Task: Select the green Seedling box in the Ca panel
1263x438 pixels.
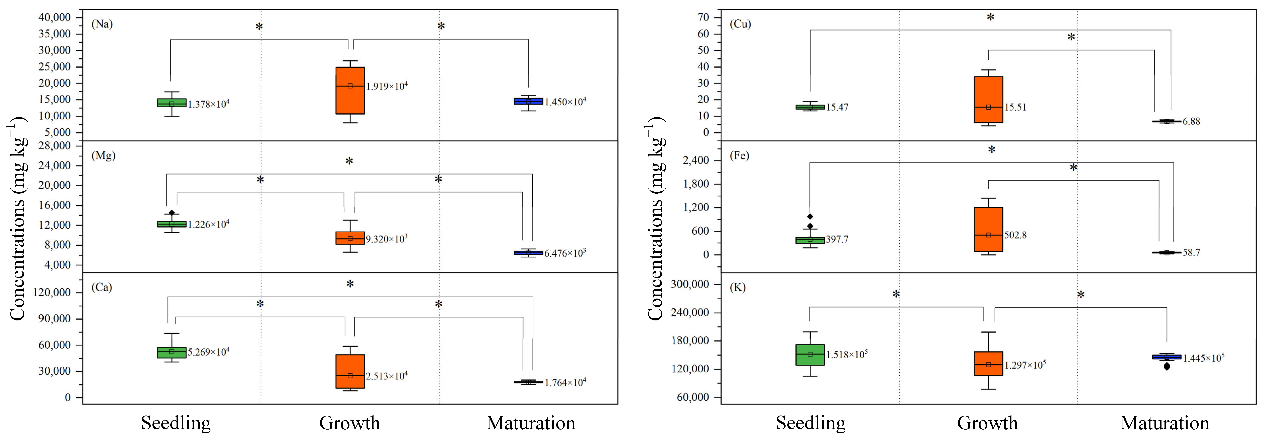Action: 172,352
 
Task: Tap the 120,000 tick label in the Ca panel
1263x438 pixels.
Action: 51,292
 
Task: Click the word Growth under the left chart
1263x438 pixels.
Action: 350,423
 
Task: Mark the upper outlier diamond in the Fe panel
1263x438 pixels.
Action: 810,216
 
